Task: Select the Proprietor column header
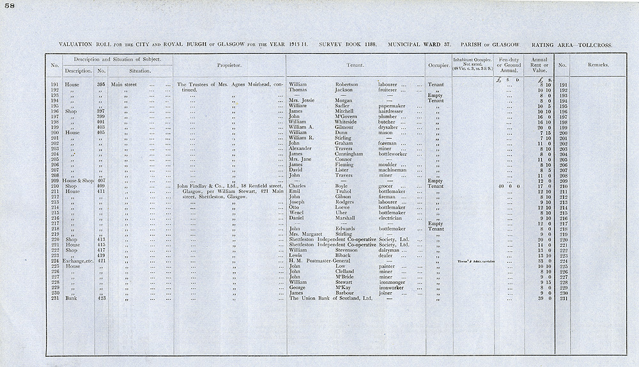pos(229,65)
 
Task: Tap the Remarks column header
pos(598,65)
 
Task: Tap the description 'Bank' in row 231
pos(72,298)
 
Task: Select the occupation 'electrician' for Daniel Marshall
pos(392,218)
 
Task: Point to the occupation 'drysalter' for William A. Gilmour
pos(390,127)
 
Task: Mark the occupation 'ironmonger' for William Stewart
pos(394,282)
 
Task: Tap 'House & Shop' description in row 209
pos(77,181)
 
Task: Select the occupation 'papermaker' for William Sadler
pos(392,106)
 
